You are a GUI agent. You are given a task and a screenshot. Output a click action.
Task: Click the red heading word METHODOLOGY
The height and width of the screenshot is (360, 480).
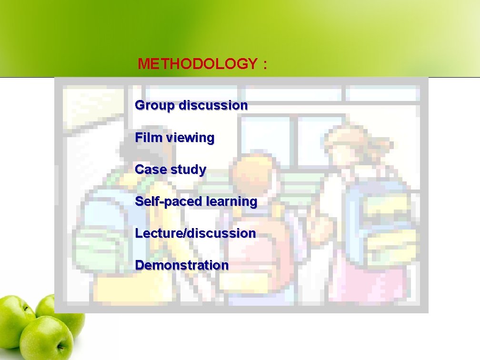point(197,64)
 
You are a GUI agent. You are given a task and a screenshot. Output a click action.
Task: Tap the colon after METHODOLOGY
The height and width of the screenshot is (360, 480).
point(265,64)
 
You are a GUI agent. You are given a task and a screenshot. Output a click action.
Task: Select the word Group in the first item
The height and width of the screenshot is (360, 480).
point(155,105)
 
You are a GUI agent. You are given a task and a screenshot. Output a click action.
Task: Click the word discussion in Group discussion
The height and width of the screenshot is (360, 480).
point(213,105)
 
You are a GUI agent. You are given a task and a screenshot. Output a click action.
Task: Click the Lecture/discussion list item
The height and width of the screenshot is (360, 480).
point(195,233)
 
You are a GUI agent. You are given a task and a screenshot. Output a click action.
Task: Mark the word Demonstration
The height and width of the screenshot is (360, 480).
point(182,265)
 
